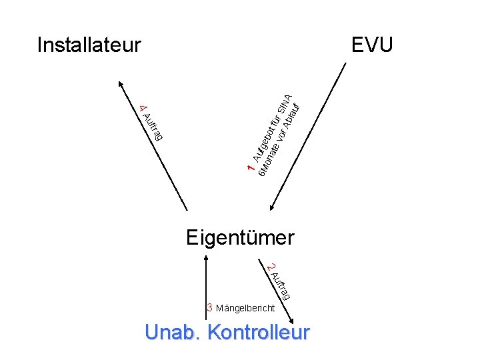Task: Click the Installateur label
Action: tap(89, 45)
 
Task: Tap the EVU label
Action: tap(373, 45)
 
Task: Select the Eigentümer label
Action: tap(240, 237)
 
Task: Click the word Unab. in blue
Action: tap(173, 333)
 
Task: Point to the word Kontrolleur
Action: tap(259, 333)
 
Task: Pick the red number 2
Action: tap(270, 267)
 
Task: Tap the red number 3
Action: tap(209, 308)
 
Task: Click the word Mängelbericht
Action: tap(245, 309)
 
